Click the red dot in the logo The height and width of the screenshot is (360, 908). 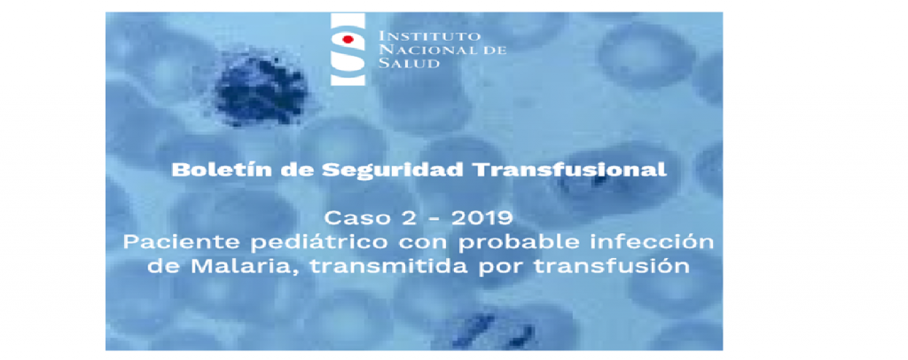point(348,39)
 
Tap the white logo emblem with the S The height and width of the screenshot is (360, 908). point(348,49)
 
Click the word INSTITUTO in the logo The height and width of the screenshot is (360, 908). point(416,35)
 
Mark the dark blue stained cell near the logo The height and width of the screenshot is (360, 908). point(262,87)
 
